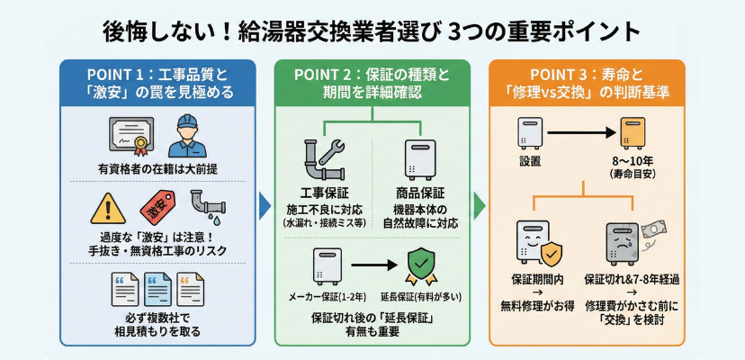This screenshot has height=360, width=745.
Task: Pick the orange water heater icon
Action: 635,133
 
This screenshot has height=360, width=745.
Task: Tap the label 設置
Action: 530,163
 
